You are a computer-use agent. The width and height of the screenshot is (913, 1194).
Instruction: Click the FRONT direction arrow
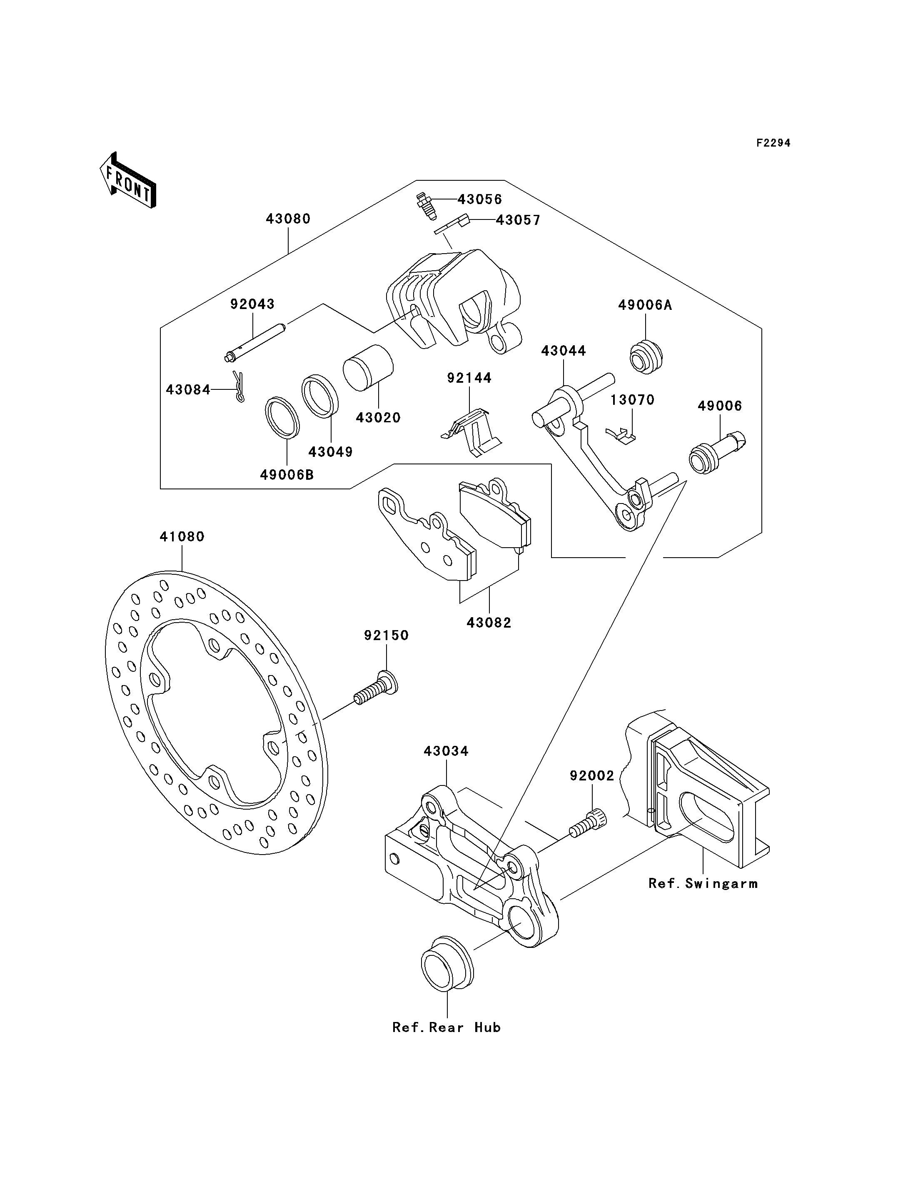128,180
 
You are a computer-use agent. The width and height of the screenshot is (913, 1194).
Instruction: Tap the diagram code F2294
773,143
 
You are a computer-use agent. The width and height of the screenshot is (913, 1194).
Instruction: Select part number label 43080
288,219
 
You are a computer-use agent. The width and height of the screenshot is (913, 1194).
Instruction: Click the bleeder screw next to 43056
427,205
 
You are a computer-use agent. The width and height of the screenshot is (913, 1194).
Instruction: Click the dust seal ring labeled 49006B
282,417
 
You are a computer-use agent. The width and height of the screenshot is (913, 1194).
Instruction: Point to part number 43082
489,623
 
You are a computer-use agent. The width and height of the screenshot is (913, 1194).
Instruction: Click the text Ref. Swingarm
703,883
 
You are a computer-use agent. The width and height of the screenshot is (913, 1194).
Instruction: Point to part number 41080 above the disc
182,536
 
